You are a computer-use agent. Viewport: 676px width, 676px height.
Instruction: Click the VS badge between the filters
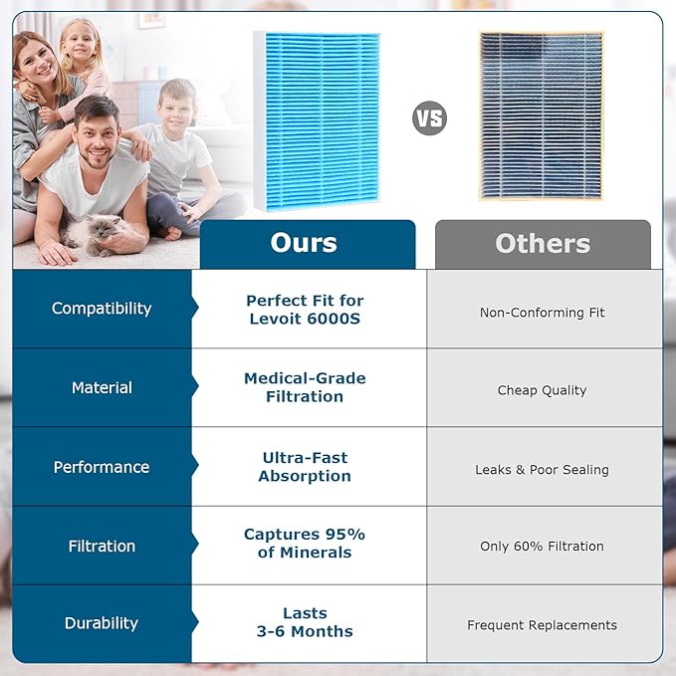(429, 118)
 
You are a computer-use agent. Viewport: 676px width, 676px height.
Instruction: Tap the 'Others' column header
(543, 244)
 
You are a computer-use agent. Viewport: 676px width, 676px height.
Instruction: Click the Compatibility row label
(102, 309)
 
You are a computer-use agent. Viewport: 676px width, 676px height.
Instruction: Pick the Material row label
(102, 387)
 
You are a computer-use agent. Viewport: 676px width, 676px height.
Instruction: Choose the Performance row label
(102, 467)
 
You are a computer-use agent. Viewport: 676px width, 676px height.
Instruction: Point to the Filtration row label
(102, 547)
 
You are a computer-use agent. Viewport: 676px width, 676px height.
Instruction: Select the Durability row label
(102, 623)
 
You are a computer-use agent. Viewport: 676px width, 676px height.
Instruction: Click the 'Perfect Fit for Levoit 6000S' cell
(305, 310)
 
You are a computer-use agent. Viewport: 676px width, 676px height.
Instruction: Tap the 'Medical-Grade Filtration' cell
(305, 387)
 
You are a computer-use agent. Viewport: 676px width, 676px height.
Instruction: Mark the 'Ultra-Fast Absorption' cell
(305, 467)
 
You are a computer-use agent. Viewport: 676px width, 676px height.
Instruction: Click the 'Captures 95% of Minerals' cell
(305, 544)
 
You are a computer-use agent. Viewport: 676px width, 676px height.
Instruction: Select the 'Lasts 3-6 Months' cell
(305, 622)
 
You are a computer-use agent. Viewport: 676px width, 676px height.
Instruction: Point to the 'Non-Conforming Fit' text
(543, 313)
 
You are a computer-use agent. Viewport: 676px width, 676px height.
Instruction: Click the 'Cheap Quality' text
(543, 390)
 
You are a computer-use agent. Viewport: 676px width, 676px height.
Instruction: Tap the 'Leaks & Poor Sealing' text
(543, 470)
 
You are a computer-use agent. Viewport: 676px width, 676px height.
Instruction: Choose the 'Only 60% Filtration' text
(543, 547)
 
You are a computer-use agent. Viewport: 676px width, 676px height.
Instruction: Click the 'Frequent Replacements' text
(543, 625)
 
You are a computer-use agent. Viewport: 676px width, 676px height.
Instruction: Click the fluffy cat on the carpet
(93, 235)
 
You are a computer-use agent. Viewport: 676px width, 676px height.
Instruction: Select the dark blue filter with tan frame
(542, 115)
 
